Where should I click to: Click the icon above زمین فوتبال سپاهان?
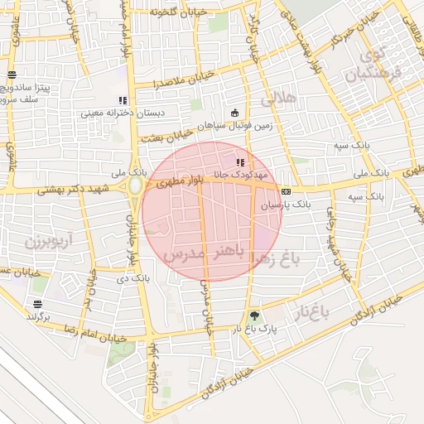coord(234,113)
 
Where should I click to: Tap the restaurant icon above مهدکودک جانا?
coord(240,162)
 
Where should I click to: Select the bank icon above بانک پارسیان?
coord(286,191)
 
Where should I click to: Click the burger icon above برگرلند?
coord(37,304)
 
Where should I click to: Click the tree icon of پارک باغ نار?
coord(253,316)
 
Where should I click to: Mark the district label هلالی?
coord(277,99)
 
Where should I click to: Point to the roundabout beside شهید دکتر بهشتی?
coord(135,185)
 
